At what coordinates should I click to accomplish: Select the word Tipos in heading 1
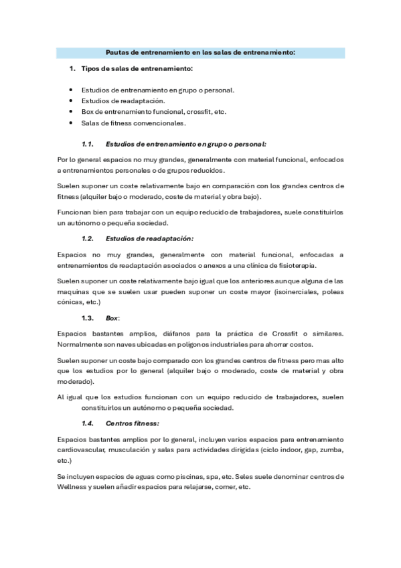tap(90, 69)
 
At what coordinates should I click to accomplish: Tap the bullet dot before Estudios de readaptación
tap(71, 100)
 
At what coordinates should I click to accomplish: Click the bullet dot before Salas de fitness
tap(71, 123)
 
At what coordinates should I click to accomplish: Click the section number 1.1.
tap(88, 144)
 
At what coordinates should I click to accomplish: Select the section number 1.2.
tap(88, 238)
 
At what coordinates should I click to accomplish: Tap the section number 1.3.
tap(88, 317)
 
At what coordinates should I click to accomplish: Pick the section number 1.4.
tap(88, 423)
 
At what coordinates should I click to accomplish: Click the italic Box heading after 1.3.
tap(111, 317)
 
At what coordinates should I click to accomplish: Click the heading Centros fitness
tap(132, 423)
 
